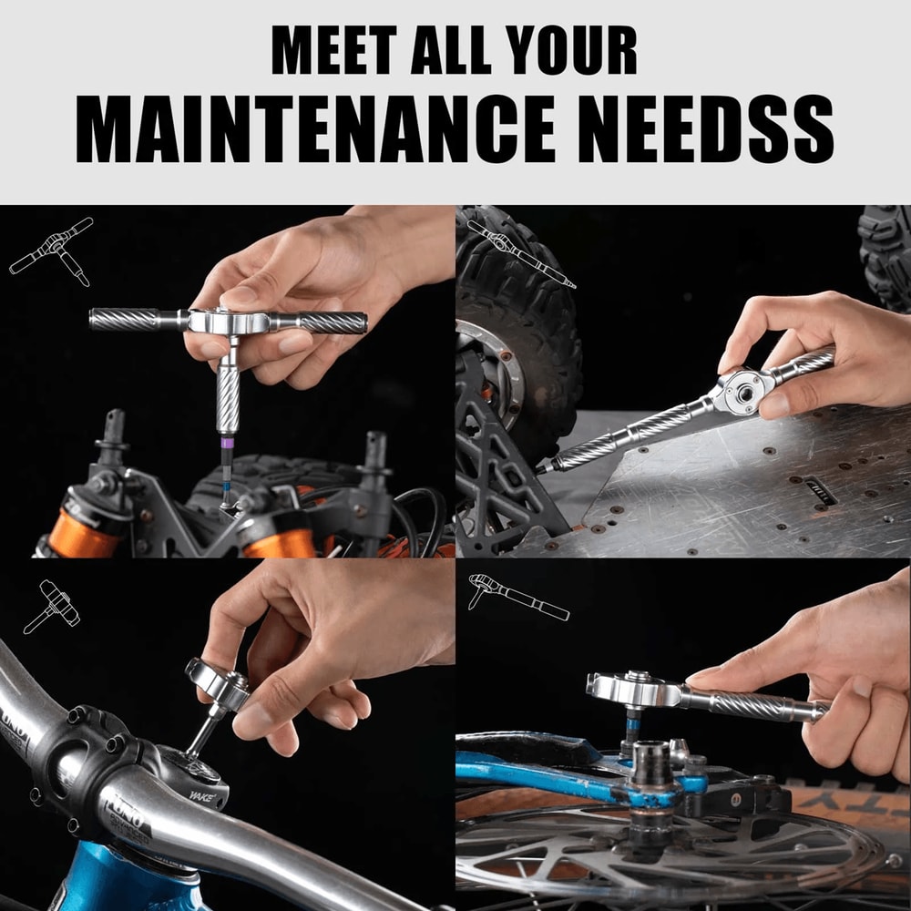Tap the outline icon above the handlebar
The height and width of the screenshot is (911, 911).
pyautogui.click(x=51, y=607)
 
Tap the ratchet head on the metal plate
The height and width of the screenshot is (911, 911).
pyautogui.click(x=743, y=391)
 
